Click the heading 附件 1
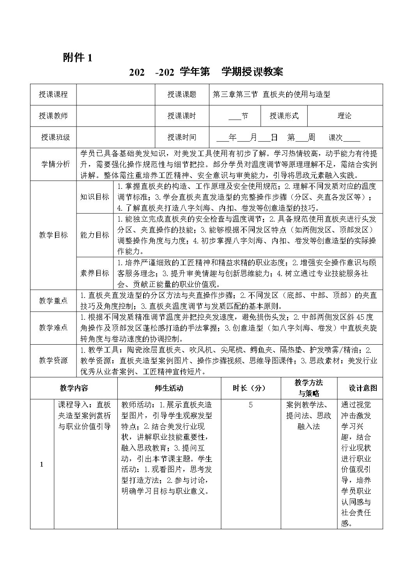point(78,58)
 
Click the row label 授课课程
point(53,94)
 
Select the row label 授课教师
point(53,116)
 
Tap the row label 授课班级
point(56,137)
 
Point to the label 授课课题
point(182,94)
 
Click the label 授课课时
point(182,116)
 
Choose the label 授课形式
point(284,116)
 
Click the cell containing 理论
point(344,116)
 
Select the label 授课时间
point(182,137)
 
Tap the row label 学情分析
point(56,164)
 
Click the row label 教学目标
point(53,235)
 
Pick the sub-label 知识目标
point(95,197)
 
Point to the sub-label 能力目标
point(95,235)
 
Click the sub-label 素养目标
point(95,273)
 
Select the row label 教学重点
point(53,300)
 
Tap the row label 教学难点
point(53,328)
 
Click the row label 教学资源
point(53,360)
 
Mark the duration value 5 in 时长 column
point(251,405)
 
